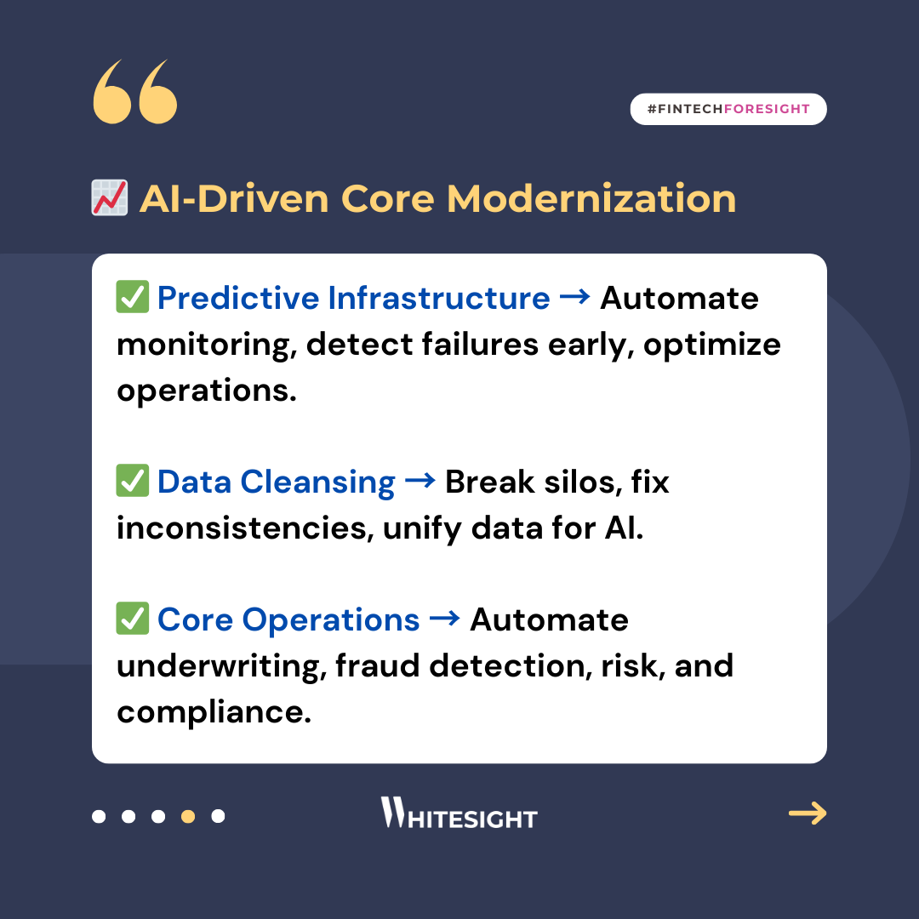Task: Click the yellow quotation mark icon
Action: (x=134, y=91)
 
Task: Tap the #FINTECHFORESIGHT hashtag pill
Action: (x=728, y=109)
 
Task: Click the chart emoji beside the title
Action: (x=110, y=198)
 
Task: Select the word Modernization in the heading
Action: (x=591, y=198)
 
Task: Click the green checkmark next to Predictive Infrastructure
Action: (x=133, y=297)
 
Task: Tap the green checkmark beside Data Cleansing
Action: (x=133, y=481)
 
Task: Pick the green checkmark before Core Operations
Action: (x=133, y=619)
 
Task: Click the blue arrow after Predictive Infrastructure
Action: (x=575, y=297)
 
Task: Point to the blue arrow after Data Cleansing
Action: (x=420, y=481)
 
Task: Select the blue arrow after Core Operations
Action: (x=445, y=619)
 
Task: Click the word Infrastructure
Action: (x=439, y=298)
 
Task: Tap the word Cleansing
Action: (x=317, y=483)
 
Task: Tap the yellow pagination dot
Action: (x=188, y=816)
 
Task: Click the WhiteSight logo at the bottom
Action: (x=459, y=813)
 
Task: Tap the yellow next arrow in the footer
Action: (x=808, y=813)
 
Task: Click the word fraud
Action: (x=378, y=665)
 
